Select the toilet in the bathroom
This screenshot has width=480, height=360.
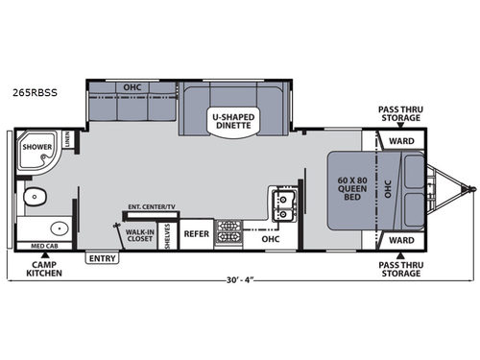pyautogui.click(x=36, y=199)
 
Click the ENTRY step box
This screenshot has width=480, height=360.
pyautogui.click(x=100, y=258)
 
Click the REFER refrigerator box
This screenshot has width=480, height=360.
pyautogui.click(x=196, y=233)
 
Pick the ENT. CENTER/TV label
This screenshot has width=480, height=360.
pyautogui.click(x=151, y=206)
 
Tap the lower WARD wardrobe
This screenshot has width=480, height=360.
pyautogui.click(x=400, y=240)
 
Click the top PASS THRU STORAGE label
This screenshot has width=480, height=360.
pyautogui.click(x=400, y=116)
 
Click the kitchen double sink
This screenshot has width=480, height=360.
pyautogui.click(x=286, y=203)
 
